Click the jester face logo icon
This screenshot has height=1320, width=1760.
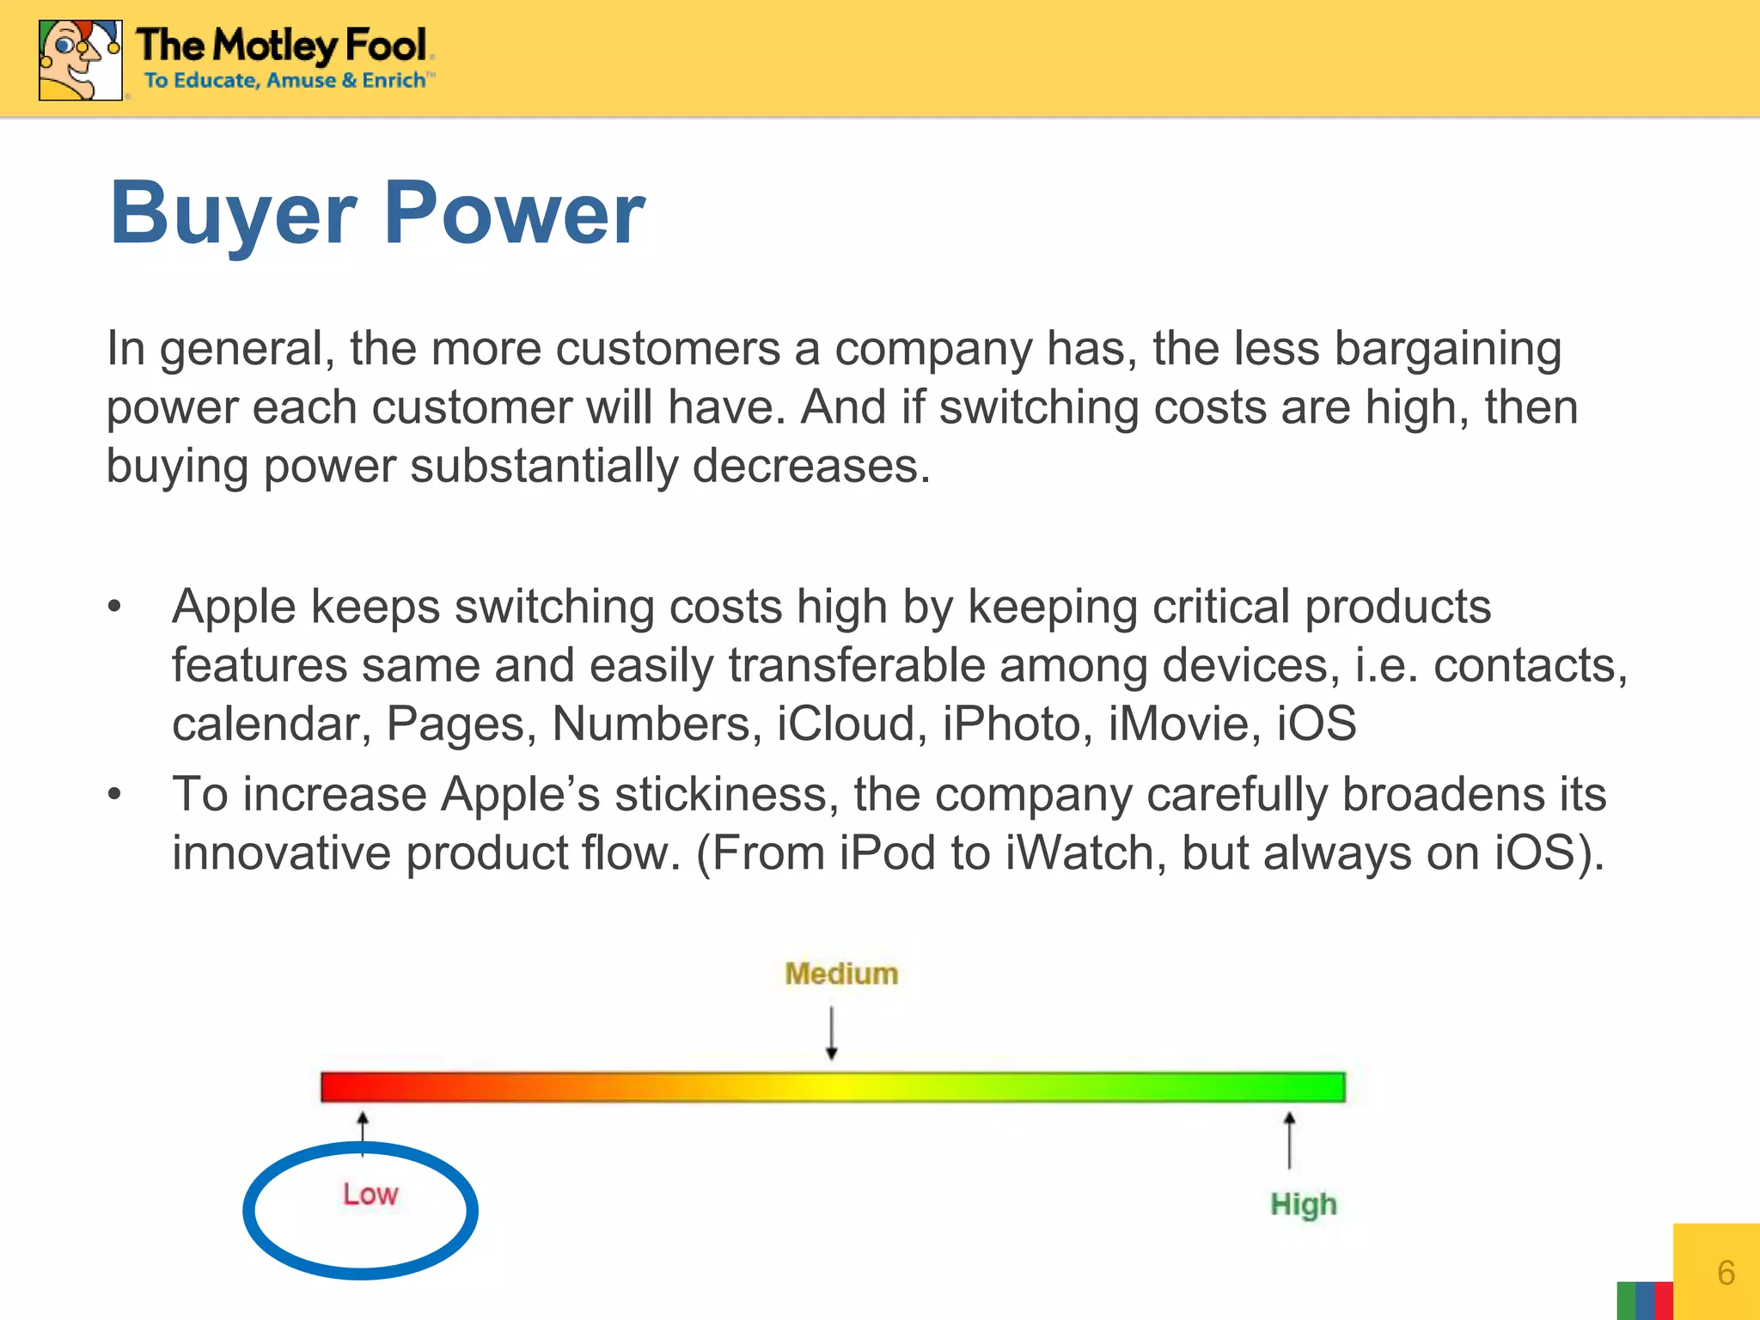[x=79, y=60]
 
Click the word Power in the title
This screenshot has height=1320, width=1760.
[x=513, y=213]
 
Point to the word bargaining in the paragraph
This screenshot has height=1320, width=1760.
[x=1447, y=350]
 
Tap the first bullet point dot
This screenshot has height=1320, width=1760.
[x=115, y=607]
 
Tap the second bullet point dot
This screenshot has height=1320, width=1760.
[x=115, y=794]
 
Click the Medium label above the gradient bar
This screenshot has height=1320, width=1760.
[x=841, y=974]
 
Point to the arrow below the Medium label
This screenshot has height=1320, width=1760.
[x=831, y=1033]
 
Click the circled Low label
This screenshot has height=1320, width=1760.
[x=370, y=1195]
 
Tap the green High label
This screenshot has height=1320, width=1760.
[x=1303, y=1204]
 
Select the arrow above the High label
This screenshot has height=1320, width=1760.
[x=1289, y=1140]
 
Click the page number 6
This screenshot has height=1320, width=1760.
[x=1726, y=1273]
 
